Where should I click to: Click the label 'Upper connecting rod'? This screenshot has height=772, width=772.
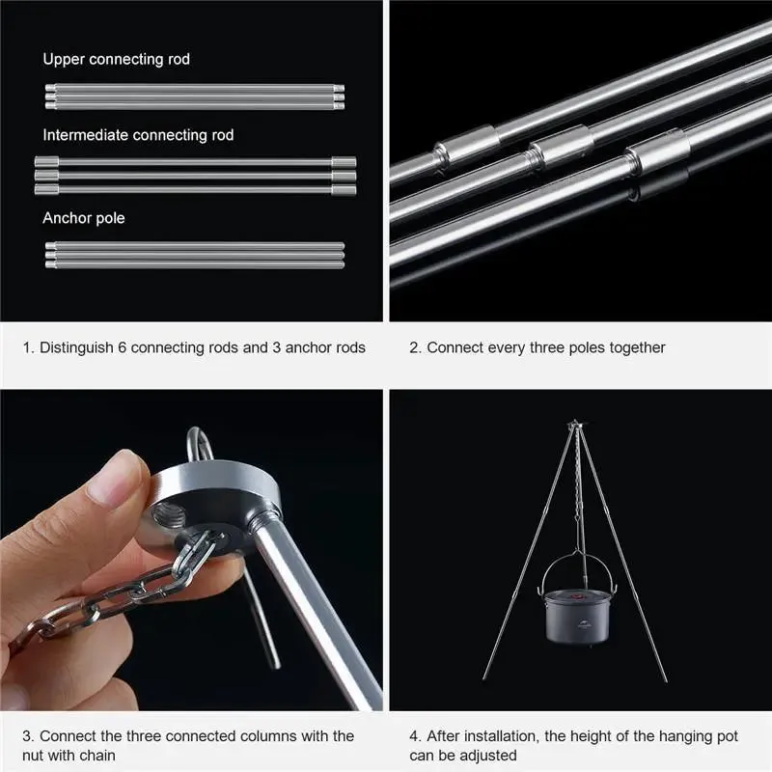(116, 59)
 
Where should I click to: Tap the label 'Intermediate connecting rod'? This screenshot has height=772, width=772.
(138, 135)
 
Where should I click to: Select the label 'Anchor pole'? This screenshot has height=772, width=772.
(84, 218)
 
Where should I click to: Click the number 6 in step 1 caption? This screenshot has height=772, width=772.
(123, 347)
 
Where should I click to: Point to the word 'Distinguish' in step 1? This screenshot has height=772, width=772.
(76, 348)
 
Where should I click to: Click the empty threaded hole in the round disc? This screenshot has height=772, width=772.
(169, 516)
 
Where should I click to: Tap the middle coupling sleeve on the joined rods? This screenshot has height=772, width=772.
(560, 147)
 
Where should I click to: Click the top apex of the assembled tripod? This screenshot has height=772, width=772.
(575, 423)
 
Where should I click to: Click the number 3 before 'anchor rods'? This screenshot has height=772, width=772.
(276, 347)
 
